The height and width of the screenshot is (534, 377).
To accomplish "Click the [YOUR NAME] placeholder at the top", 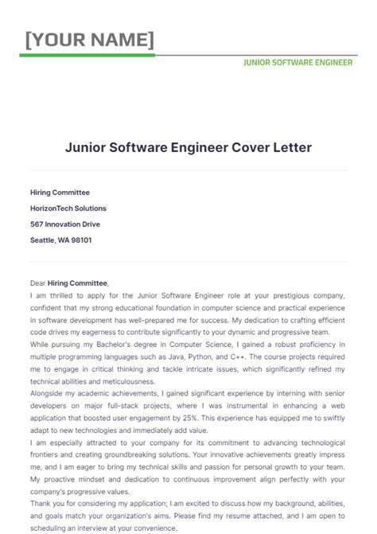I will coord(90,39).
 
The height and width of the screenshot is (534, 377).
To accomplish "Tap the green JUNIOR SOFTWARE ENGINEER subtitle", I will coord(297,63).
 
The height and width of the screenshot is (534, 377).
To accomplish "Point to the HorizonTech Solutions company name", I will coord(68,209).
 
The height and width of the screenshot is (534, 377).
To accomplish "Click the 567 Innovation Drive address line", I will coord(65,224).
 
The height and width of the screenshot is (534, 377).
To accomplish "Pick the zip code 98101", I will coord(82,240).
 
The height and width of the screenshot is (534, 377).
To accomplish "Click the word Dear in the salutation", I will coord(38,283).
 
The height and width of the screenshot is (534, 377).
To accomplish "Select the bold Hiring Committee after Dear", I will coord(78,283).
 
